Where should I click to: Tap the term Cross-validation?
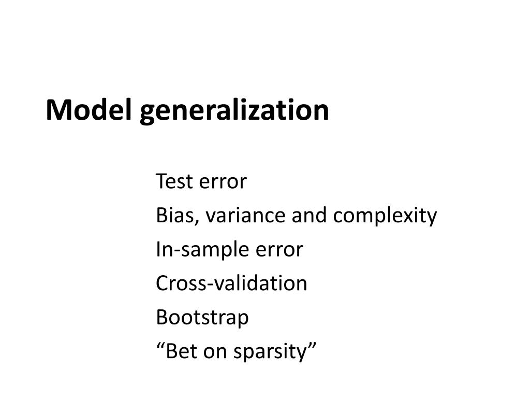point(231,283)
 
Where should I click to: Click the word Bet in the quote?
point(181,352)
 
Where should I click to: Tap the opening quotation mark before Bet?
point(160,346)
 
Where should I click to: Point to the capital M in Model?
point(56,110)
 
